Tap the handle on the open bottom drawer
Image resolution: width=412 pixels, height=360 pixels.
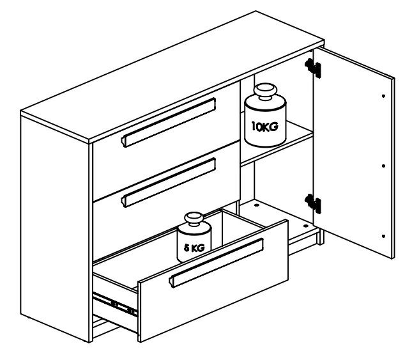pyautogui.click(x=217, y=263)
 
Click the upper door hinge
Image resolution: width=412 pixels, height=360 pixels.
pyautogui.click(x=312, y=67)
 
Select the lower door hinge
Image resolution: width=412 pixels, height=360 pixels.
pyautogui.click(x=312, y=203)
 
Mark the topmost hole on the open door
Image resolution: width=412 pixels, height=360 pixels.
pyautogui.click(x=383, y=96)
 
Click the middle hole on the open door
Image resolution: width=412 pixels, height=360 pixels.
pyautogui.click(x=382, y=165)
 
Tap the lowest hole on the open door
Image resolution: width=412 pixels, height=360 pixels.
pyautogui.click(x=381, y=234)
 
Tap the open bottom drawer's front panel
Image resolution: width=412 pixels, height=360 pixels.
pyautogui.click(x=211, y=294)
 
